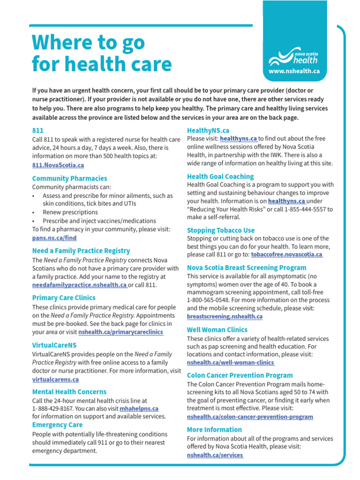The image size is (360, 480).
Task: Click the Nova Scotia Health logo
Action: click(294, 56)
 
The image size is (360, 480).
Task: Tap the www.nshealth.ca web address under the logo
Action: click(294, 71)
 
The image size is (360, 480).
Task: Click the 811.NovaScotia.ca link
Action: click(58, 165)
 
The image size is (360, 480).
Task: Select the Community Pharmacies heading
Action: click(69, 178)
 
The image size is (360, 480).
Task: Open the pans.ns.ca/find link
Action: click(54, 238)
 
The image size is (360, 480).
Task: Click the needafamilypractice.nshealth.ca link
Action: click(79, 285)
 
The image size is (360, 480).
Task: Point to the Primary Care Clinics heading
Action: click(63, 298)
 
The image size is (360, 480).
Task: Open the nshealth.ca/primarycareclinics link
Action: click(121, 332)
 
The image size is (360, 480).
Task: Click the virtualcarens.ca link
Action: click(55, 379)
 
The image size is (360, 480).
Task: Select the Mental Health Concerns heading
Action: click(69, 391)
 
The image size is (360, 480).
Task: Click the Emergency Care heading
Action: click(57, 425)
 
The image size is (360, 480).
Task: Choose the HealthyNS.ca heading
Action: click(208, 130)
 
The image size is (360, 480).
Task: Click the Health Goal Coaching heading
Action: click(220, 176)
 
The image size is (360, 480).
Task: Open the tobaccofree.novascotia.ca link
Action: click(287, 254)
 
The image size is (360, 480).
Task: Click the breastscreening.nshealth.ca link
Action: click(225, 316)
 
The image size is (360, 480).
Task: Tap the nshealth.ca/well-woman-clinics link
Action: click(231, 362)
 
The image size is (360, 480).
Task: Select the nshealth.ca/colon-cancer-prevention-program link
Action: click(250, 416)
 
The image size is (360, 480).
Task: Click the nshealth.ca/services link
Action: click(215, 455)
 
